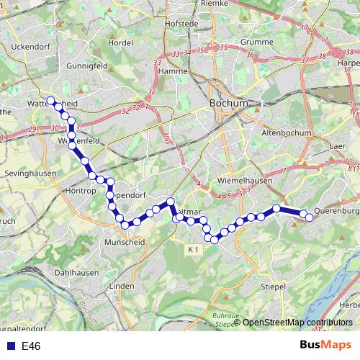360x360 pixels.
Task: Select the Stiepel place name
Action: (274, 286)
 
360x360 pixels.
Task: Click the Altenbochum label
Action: (287, 132)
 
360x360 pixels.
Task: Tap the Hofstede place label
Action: (181, 23)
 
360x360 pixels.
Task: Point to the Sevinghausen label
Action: (29, 174)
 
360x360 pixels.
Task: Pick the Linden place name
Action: (122, 286)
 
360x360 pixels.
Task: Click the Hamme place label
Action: (173, 71)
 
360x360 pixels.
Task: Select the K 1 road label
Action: (192, 249)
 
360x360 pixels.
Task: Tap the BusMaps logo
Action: (325, 345)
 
